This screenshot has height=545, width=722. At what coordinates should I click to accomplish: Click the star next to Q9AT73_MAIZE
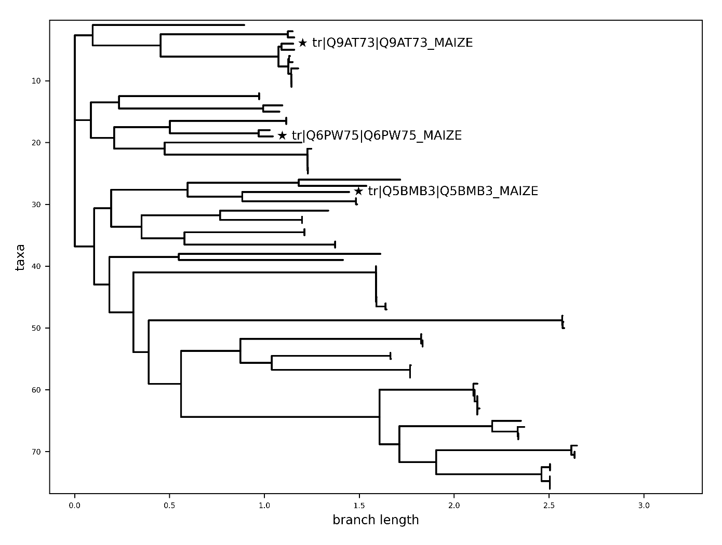pos(302,43)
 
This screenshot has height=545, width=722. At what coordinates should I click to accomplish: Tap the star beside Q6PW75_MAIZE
pos(282,135)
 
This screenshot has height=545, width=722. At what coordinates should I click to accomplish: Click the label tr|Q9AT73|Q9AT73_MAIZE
pos(392,43)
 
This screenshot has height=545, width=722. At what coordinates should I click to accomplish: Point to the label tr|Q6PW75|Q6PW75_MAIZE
pos(377,135)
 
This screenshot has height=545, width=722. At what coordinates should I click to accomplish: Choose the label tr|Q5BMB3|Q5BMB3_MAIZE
pos(453,191)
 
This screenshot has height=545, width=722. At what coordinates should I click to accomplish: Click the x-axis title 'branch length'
pos(376,520)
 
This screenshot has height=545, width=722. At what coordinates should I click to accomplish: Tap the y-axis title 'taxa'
pos(20,257)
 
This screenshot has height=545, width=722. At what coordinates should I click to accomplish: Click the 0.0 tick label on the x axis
pos(75,505)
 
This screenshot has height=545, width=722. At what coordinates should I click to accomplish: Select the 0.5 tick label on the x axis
pos(169,505)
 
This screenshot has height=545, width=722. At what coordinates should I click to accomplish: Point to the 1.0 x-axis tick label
pos(264,505)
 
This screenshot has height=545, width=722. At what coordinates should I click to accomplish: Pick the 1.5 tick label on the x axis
pos(359,505)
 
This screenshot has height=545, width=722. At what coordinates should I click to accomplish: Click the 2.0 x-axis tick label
pos(454,505)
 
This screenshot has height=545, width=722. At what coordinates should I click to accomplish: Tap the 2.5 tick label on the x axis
pos(549,505)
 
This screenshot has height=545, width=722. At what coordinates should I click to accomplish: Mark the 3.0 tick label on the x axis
pos(644,505)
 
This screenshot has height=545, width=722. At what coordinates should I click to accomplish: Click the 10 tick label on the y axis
pos(36,81)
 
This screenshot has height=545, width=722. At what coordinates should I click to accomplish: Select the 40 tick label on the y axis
pos(36,266)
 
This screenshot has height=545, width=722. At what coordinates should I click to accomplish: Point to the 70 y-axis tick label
pos(36,452)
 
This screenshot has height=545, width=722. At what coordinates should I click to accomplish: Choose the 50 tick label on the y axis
pos(36,328)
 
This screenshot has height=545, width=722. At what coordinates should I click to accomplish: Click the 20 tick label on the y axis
pos(36,143)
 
